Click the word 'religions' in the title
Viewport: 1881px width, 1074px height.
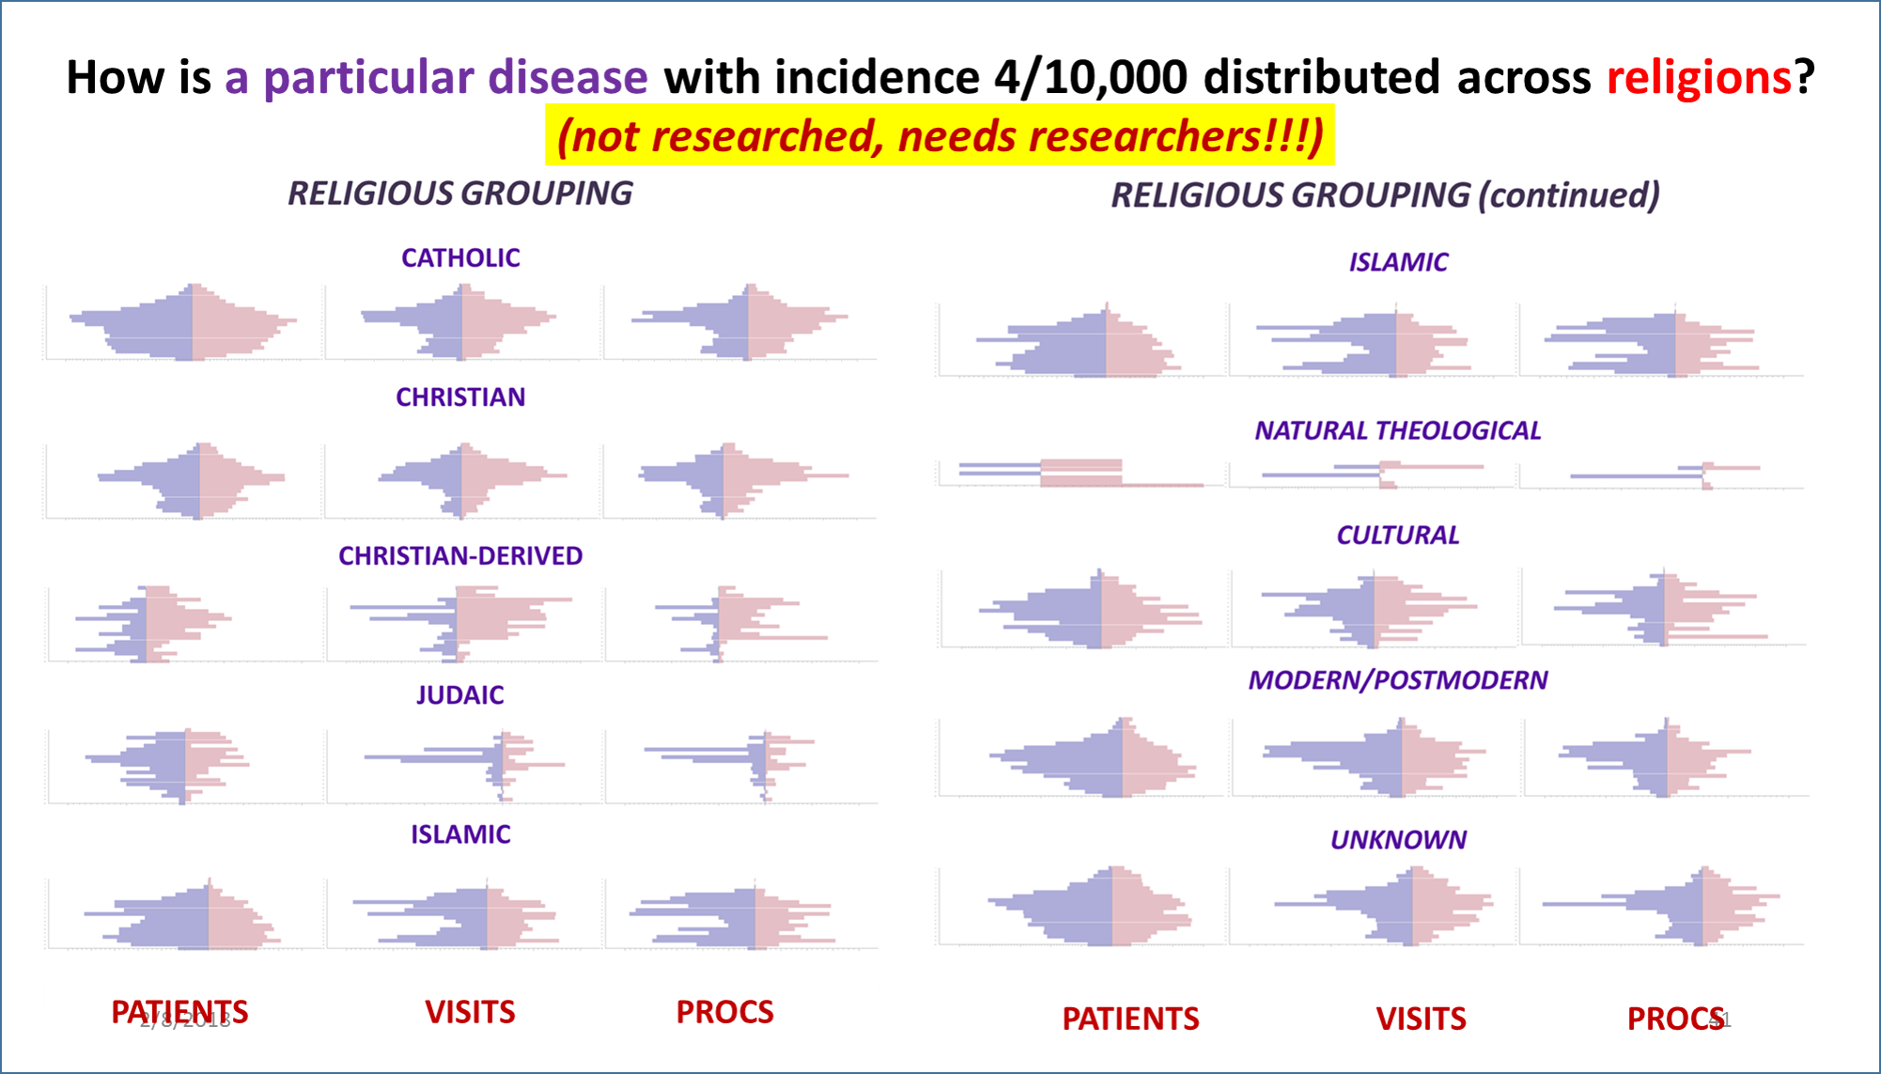1698,77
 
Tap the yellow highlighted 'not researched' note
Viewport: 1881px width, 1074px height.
940,136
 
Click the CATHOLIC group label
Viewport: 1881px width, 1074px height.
460,258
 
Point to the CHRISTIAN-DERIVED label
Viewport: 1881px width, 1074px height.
460,556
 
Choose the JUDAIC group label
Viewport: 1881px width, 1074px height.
460,695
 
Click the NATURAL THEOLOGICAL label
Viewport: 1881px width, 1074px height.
1397,431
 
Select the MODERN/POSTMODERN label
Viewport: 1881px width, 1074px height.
1397,680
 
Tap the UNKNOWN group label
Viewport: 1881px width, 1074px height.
1397,840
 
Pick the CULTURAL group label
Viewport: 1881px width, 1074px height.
1397,536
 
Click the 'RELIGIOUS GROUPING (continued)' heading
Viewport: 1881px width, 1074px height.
1385,195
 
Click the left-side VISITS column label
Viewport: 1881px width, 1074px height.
470,1012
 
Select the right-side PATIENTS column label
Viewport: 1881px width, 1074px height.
1130,1019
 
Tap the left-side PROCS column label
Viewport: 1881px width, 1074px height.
724,1012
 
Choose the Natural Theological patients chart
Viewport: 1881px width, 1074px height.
1080,473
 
